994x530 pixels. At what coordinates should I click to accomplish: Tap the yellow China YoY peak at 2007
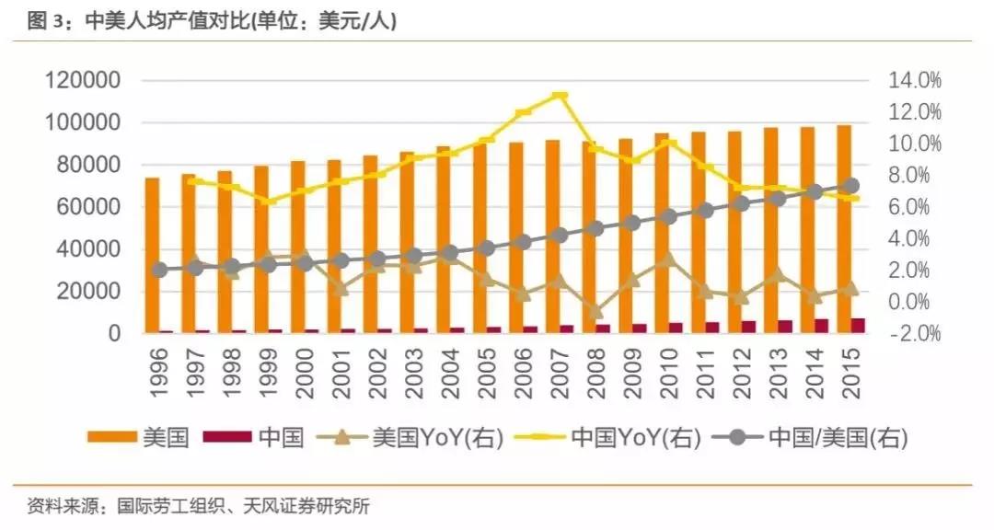coord(560,95)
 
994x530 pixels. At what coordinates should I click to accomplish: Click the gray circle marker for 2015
coord(851,186)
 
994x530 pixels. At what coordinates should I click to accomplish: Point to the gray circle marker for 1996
coord(160,270)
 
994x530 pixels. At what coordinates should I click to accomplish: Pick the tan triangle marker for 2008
coord(596,312)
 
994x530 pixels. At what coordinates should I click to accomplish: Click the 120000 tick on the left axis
coord(84,81)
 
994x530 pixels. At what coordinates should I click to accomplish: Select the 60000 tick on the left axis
coord(89,208)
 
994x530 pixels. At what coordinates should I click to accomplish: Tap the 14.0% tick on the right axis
coord(915,81)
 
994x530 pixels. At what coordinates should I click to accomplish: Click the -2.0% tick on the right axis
coord(915,334)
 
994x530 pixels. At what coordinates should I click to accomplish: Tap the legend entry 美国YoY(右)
coord(413,437)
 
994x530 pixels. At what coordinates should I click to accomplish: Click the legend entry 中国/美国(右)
coord(811,437)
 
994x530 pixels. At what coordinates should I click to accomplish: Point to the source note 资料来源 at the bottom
coord(198,505)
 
